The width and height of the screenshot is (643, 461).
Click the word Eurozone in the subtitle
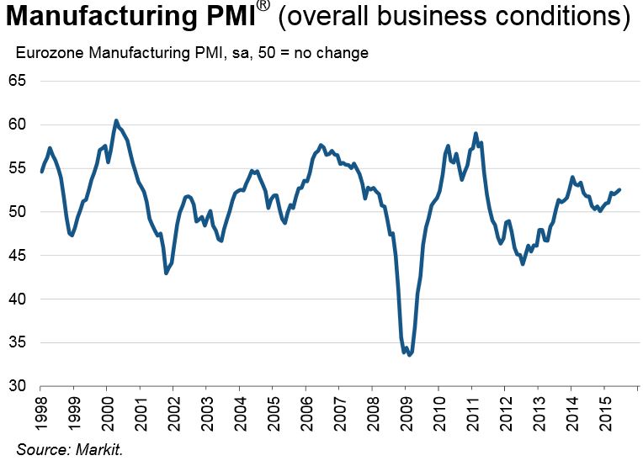tap(46, 53)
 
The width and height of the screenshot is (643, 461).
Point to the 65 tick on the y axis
tap(18, 81)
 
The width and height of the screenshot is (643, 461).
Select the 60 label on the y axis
tap(18, 125)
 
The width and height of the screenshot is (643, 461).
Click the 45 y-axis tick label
tap(18, 255)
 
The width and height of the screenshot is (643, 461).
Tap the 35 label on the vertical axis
tap(18, 342)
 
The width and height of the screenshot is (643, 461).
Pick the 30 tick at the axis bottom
tap(18, 386)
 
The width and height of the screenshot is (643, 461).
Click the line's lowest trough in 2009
tap(409, 355)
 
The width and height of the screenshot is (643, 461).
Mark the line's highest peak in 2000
tap(116, 120)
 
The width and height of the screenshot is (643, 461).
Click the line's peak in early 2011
tap(476, 133)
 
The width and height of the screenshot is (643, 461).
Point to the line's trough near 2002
tap(166, 273)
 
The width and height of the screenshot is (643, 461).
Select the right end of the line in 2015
tap(620, 189)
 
